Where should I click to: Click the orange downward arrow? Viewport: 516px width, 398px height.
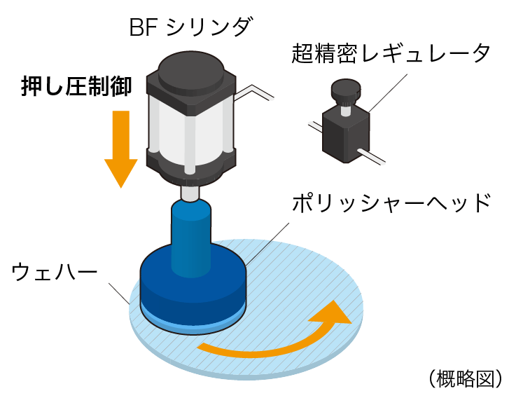coord(120,147)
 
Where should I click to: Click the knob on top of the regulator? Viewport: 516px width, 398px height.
coord(344,90)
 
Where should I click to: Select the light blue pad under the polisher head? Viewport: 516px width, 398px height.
coord(193,321)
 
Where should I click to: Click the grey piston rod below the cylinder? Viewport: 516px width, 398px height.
coord(190,191)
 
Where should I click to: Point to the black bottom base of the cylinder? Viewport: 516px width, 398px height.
coord(190,165)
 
